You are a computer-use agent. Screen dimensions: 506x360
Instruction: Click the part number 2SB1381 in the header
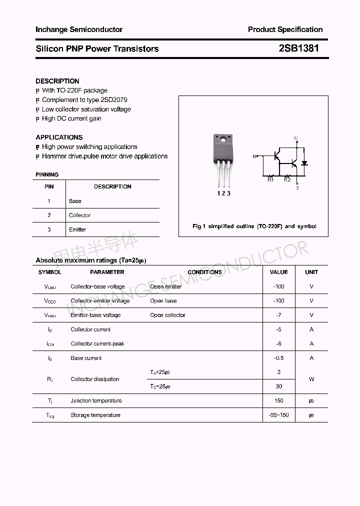point(298,48)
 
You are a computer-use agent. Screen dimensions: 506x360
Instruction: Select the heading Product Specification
point(285,29)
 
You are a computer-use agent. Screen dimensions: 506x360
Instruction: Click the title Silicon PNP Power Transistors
point(97,48)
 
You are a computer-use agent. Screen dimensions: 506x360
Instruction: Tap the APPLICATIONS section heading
point(59,137)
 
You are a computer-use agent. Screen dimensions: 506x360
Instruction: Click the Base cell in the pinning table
point(75,201)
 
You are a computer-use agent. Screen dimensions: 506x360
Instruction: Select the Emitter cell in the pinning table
point(77,229)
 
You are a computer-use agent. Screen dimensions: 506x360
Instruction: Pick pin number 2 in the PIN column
point(49,215)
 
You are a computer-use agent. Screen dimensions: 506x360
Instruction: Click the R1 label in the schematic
point(270,179)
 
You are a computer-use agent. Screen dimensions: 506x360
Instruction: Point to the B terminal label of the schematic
point(254,156)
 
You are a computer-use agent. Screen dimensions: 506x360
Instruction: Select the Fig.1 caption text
point(254,226)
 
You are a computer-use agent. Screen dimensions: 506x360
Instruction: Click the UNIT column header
point(311,272)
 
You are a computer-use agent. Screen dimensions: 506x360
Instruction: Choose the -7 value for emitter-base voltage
point(278,315)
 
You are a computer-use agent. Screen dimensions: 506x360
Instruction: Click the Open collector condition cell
point(167,315)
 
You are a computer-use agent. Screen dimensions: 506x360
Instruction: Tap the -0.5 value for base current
point(278,358)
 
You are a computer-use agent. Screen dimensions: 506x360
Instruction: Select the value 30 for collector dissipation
point(278,386)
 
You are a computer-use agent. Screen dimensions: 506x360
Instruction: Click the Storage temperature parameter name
point(95,415)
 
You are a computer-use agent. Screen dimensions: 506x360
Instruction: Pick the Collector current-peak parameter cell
point(97,343)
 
